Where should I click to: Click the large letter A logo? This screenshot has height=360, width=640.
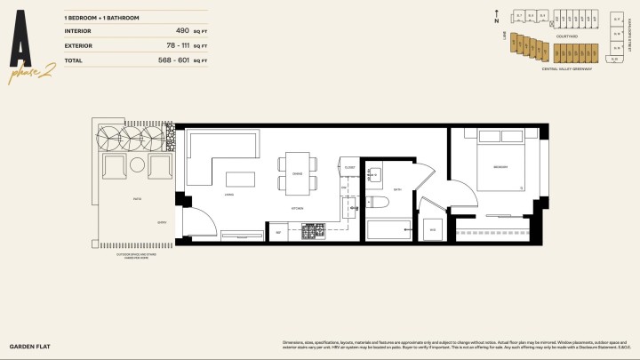(x=25, y=45)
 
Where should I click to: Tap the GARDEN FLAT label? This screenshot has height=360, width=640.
(x=27, y=344)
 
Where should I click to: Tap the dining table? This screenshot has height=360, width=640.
(x=297, y=174)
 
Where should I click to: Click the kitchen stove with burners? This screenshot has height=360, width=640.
(x=314, y=232)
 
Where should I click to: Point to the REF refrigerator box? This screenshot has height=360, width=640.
(x=279, y=232)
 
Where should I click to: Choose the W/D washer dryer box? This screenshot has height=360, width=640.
(x=433, y=229)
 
